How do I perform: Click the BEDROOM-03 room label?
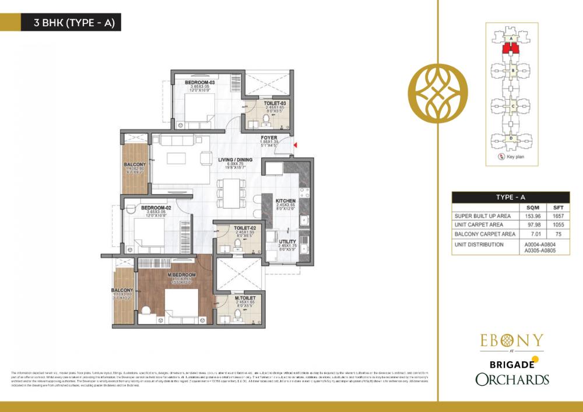pos(201,83)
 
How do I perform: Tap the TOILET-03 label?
pos(274,103)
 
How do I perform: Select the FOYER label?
pos(269,138)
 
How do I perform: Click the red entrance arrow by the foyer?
pos(295,145)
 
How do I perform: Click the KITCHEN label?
pos(286,200)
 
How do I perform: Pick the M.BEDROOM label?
pos(181,274)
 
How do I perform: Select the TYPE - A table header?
pos(511,198)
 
